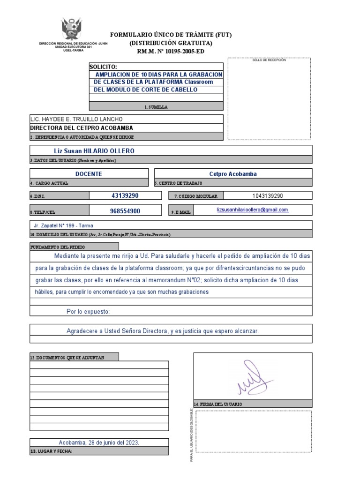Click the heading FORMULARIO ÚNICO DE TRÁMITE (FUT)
coord(171,35)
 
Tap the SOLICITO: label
coord(106,67)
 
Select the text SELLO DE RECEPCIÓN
coord(269,60)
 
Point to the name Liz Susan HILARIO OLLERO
coord(94,151)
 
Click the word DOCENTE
coord(89,174)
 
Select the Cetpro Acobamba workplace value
coord(232,174)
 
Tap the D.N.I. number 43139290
coord(125,195)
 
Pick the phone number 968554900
coord(125,211)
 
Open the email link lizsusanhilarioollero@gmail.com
coord(252,210)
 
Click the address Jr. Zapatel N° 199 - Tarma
coord(64,225)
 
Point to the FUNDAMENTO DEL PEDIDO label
coord(58,247)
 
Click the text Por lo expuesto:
coord(88,311)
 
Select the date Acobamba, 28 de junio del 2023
coord(99,442)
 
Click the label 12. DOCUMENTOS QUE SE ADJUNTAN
coord(67,358)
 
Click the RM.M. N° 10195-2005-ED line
coord(171,52)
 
